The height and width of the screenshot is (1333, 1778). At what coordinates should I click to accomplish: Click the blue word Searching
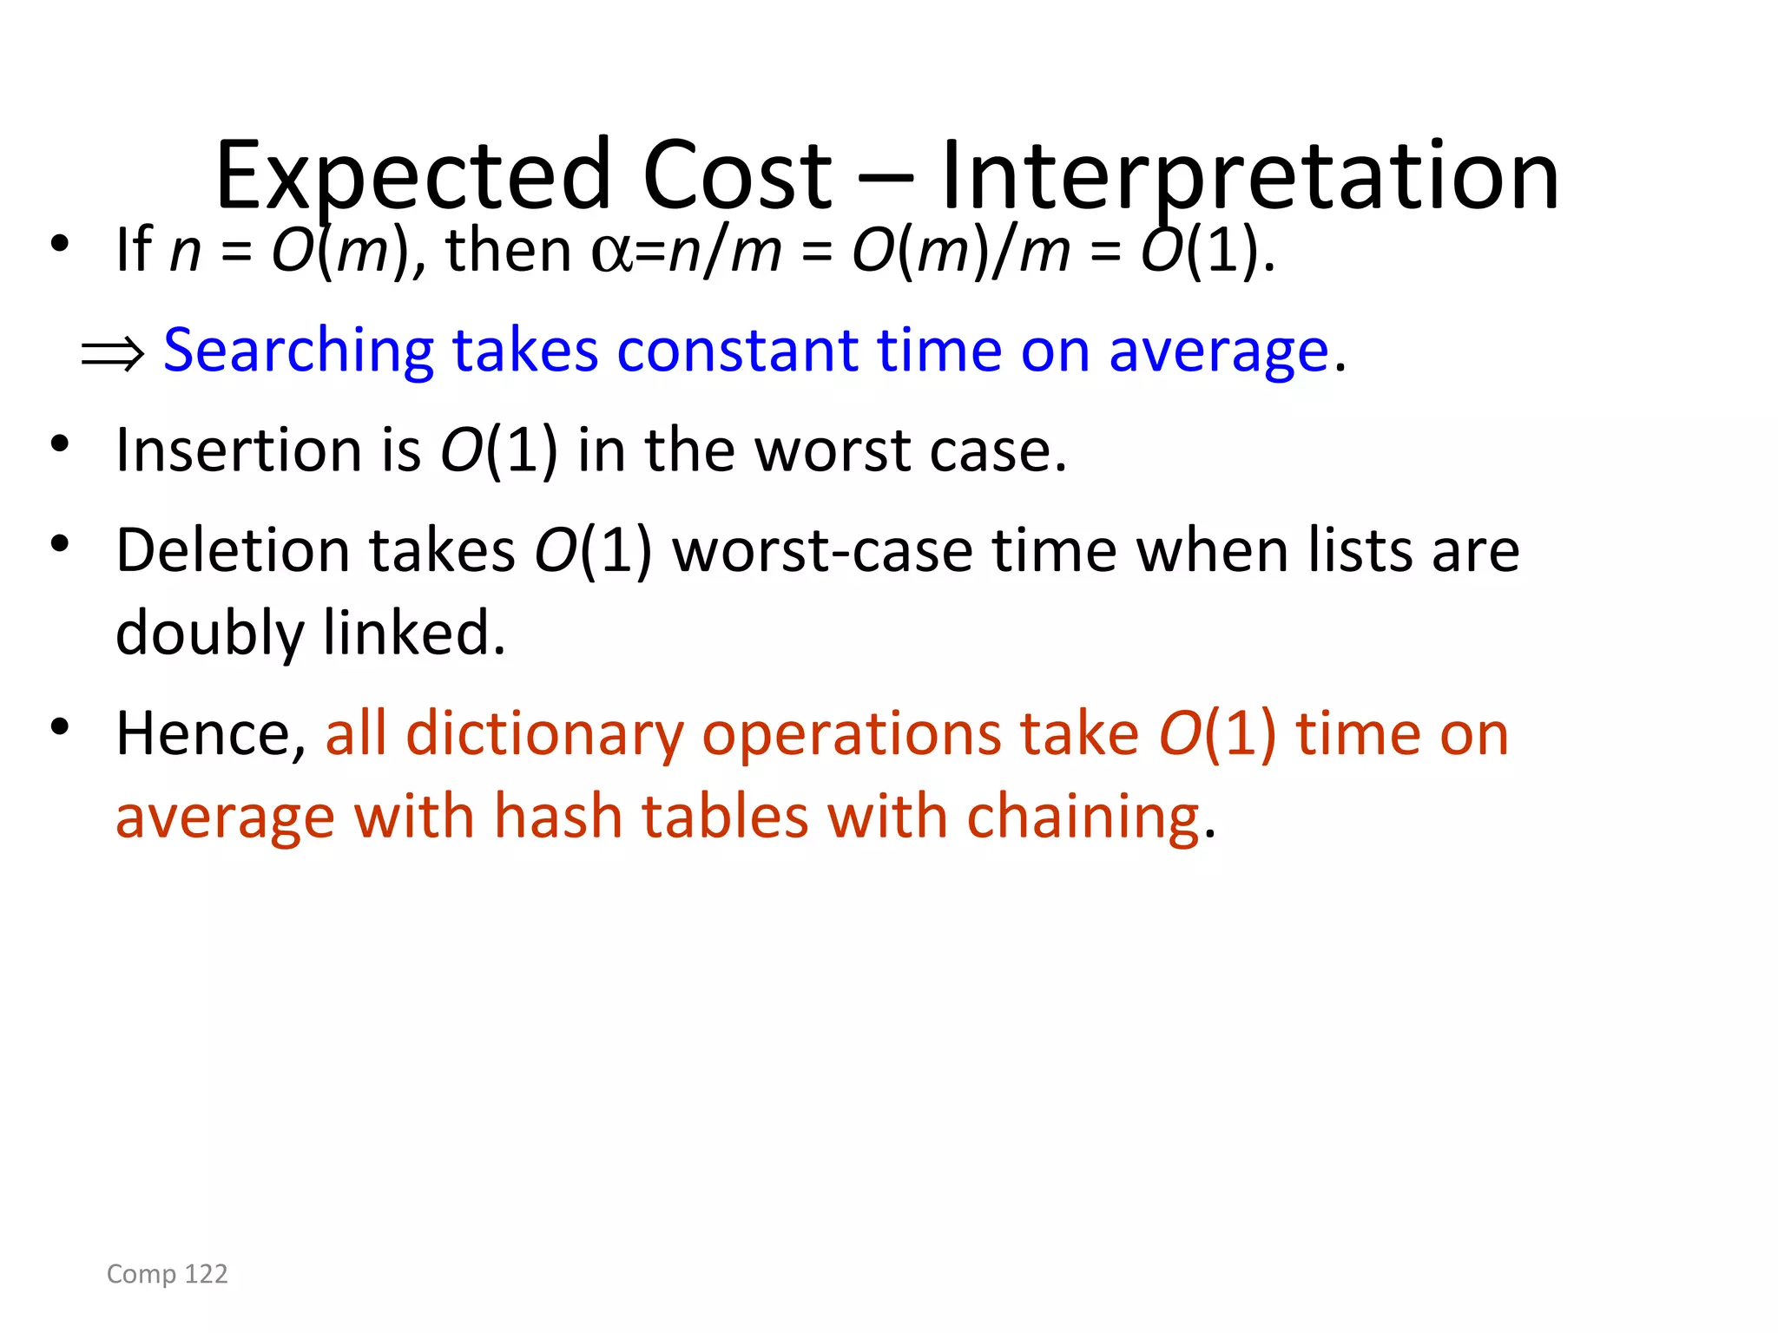click(298, 351)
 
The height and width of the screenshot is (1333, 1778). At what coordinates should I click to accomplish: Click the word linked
click(413, 634)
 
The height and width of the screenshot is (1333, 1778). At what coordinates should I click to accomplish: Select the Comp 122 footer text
click(167, 1274)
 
